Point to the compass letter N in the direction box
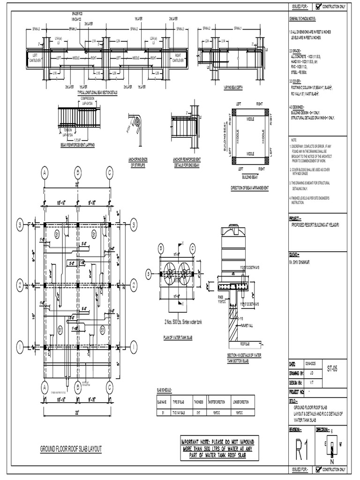click(x=332, y=462)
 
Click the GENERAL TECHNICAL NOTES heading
click(x=302, y=18)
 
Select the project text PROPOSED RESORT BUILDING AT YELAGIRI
click(x=318, y=225)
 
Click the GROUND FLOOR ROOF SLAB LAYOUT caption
click(x=71, y=449)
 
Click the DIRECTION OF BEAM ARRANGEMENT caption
click(x=250, y=187)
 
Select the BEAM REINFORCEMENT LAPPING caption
click(x=77, y=145)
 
